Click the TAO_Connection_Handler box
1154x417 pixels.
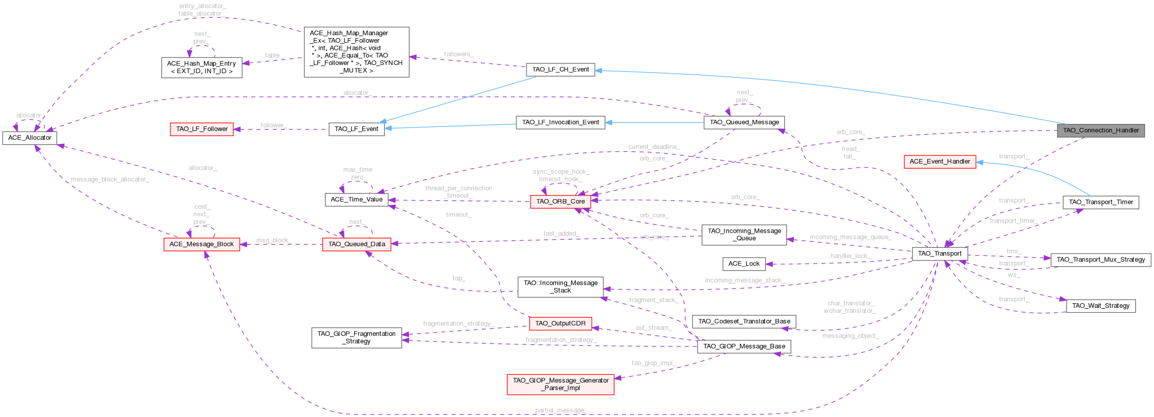tap(1100, 131)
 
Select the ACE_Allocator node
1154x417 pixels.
tap(29, 138)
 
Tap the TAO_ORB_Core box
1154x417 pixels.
tap(560, 202)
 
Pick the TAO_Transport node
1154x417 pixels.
tap(939, 253)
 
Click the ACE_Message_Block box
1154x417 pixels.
tap(201, 244)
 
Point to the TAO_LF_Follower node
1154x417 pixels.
tap(202, 129)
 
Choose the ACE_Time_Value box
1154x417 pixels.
tap(356, 200)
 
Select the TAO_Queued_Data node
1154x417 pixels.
tap(357, 244)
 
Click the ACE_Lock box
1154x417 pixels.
tap(744, 264)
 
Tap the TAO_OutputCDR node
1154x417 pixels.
tap(560, 324)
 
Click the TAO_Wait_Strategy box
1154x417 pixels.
tap(1100, 306)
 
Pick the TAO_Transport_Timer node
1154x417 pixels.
tap(1100, 202)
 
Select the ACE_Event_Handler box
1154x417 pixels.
tap(939, 162)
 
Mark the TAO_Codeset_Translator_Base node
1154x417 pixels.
tap(744, 322)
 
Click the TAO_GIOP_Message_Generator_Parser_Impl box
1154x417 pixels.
tap(560, 384)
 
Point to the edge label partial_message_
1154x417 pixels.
tap(561, 410)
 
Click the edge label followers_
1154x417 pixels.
tap(459, 54)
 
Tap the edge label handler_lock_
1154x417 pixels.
tap(850, 256)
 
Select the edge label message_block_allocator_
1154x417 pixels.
tap(110, 180)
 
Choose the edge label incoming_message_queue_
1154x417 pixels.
tap(851, 237)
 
